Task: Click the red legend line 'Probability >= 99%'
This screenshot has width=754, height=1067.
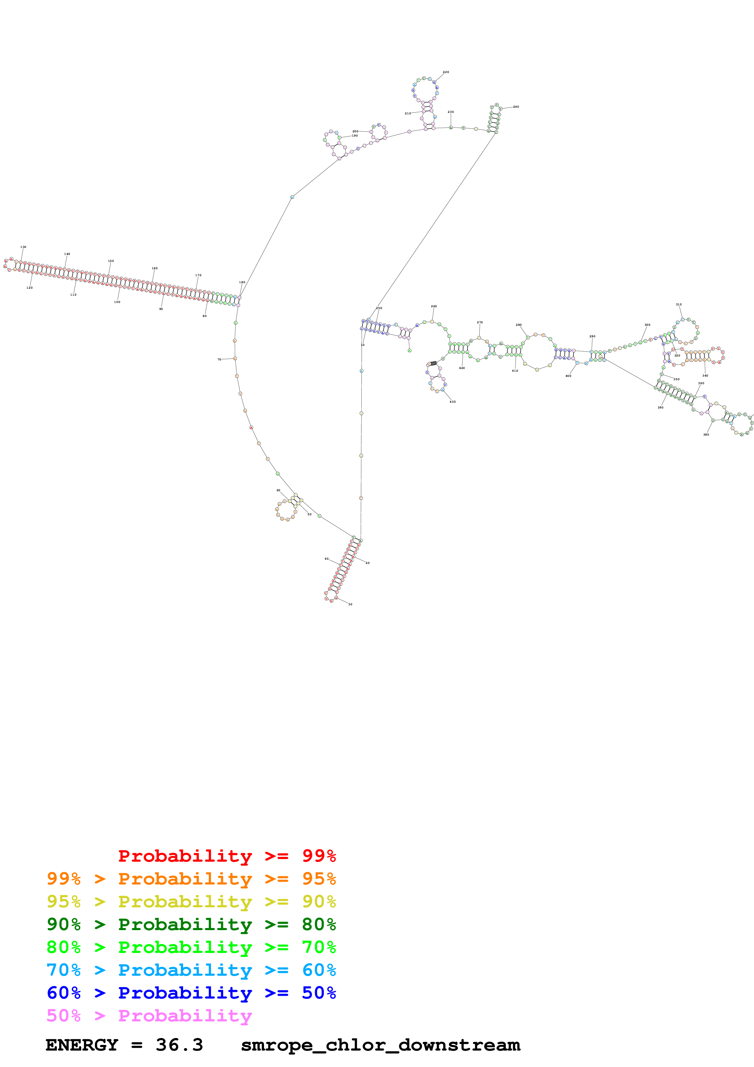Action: [x=227, y=856]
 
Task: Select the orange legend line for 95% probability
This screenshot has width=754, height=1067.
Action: [x=191, y=878]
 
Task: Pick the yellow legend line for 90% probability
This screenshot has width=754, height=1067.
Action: [x=191, y=901]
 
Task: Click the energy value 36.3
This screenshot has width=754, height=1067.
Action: [x=179, y=1045]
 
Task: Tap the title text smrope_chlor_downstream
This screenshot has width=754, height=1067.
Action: [x=380, y=1045]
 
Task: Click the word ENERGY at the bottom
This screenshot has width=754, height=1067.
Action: [x=82, y=1045]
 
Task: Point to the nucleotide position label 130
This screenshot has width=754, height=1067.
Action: [x=23, y=247]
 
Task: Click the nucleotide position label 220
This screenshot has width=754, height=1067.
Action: [x=446, y=72]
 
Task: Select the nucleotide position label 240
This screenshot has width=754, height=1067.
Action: [x=516, y=107]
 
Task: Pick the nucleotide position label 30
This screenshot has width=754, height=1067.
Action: [x=350, y=604]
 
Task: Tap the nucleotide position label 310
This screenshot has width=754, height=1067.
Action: [x=679, y=304]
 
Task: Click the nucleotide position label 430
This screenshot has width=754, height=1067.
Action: [x=453, y=401]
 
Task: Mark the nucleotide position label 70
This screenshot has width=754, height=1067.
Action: [x=219, y=359]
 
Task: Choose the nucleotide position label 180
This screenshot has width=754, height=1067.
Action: [x=242, y=282]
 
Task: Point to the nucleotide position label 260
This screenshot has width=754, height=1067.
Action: [x=434, y=306]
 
